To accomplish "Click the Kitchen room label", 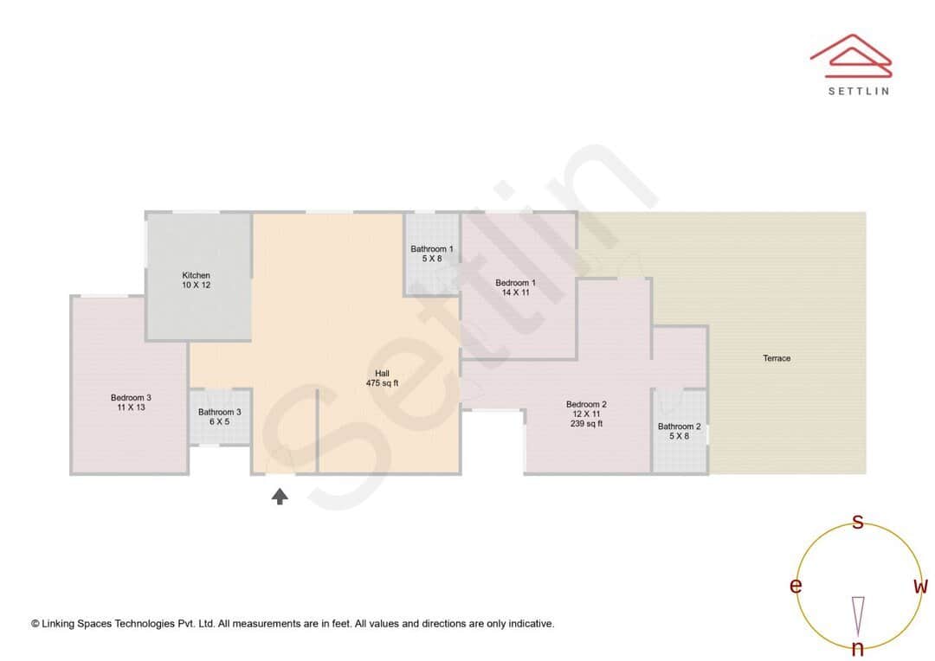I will (x=196, y=275).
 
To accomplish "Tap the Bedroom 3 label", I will (x=131, y=398).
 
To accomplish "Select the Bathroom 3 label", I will (x=220, y=412).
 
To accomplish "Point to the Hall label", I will (x=382, y=374).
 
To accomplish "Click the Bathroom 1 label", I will (x=432, y=249).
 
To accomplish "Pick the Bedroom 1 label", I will (x=515, y=283).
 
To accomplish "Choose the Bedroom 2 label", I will (x=586, y=404).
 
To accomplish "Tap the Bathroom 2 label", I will (x=680, y=427).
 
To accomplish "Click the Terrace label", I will (x=777, y=358).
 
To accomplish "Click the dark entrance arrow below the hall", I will (x=280, y=497).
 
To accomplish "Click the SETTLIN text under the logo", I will (x=858, y=91).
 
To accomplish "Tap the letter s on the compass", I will (x=858, y=522).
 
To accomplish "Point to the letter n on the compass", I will (x=858, y=649).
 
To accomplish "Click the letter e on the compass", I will (x=796, y=586).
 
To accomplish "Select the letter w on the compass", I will (x=921, y=586).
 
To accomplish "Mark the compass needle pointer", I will (x=858, y=614).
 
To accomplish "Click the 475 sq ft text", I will (x=382, y=383).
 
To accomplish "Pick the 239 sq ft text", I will (x=586, y=424).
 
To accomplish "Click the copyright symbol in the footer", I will (x=35, y=624).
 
